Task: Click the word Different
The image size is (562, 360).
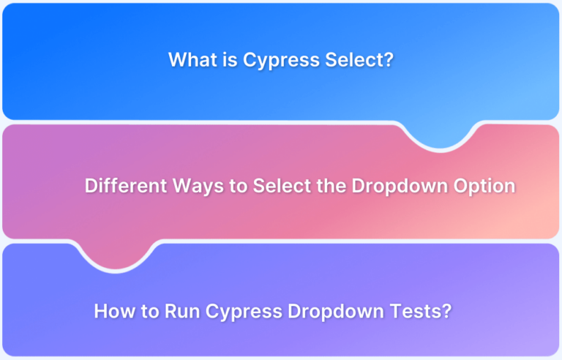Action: pos(126,185)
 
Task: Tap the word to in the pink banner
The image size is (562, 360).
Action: pos(239,186)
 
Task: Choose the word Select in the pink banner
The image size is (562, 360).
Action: pos(282,185)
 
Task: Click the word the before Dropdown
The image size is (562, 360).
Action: pos(331,185)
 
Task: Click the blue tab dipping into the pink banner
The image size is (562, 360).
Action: pos(440,135)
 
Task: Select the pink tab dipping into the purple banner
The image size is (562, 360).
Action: pos(116,254)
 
